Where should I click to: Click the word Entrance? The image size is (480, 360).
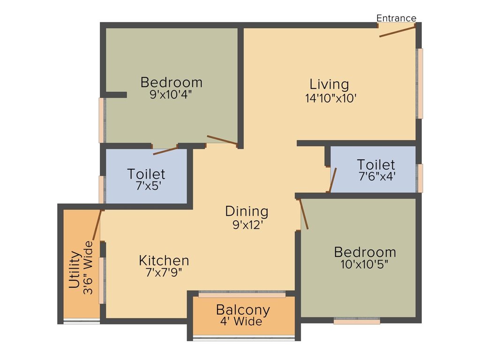[x=396, y=18]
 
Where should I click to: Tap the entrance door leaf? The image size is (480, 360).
[x=397, y=31]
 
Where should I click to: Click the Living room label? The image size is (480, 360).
[x=329, y=84]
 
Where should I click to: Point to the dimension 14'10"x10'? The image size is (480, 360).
[x=331, y=98]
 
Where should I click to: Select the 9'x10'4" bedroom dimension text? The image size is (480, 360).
[x=171, y=94]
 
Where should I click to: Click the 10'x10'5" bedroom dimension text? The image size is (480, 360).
[x=364, y=264]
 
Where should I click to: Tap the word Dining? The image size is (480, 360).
[x=247, y=211]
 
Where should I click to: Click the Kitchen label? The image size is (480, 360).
[x=164, y=261]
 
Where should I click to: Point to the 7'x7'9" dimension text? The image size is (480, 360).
[x=164, y=272]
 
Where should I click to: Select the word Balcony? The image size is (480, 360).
[x=243, y=310]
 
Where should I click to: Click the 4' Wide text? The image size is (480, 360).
[x=241, y=321]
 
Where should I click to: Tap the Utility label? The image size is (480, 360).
[x=75, y=270]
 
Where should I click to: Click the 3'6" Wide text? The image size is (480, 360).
[x=88, y=268]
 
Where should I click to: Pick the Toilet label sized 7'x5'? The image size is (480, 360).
[x=146, y=174]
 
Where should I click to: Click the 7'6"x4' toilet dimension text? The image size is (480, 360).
[x=377, y=176]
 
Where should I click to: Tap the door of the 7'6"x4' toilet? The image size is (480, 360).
[x=333, y=180]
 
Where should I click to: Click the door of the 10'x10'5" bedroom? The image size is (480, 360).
[x=303, y=214]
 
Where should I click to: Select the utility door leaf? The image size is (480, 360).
[x=97, y=225]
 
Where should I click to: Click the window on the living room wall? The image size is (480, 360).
[x=420, y=83]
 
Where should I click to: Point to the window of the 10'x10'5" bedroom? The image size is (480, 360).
[x=357, y=321]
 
